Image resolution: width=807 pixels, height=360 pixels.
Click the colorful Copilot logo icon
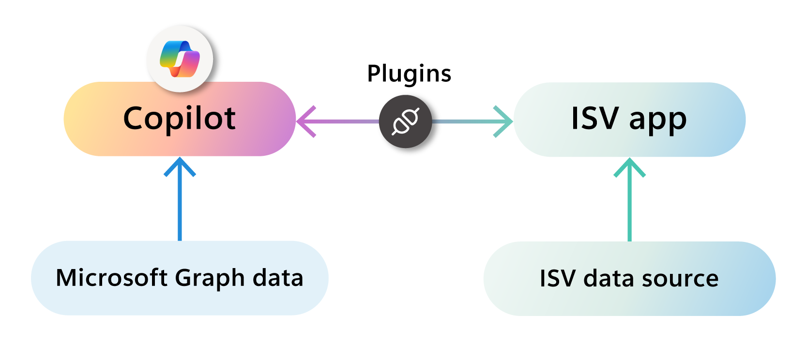180,59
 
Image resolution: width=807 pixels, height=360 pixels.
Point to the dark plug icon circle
405,121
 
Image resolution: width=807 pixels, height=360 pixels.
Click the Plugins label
409,74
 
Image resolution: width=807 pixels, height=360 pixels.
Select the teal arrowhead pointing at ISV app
504,121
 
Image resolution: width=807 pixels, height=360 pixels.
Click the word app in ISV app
658,120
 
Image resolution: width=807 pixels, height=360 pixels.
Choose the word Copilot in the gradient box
180,119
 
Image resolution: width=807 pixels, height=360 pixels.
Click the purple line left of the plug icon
346,121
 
